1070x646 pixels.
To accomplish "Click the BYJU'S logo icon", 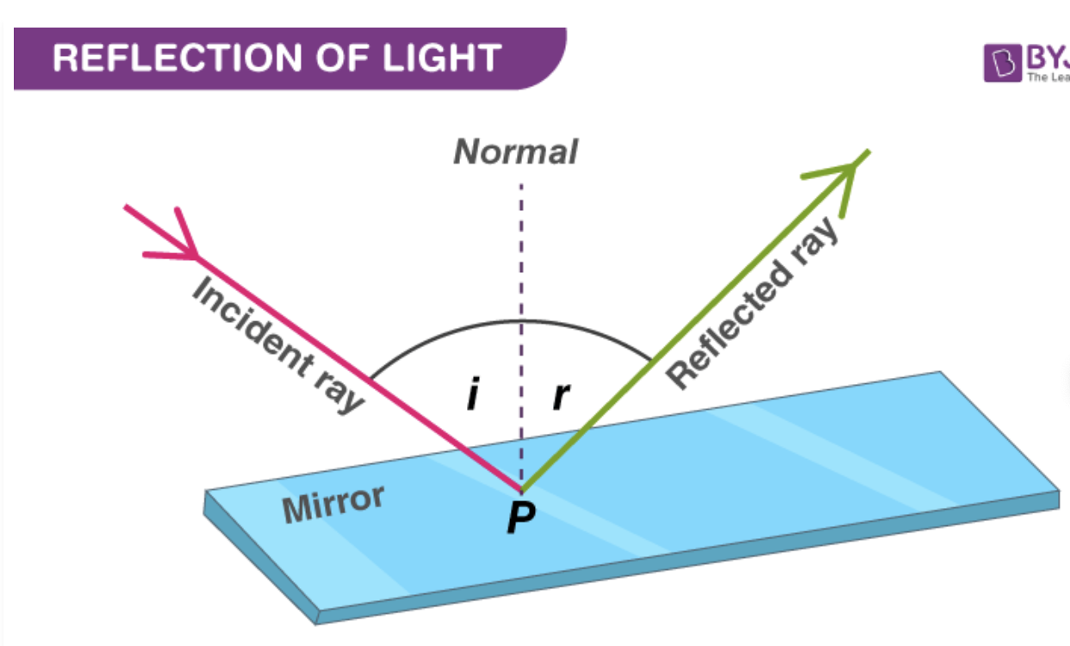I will tap(1002, 63).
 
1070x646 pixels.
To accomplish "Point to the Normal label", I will tap(515, 152).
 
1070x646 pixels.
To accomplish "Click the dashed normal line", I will tap(520, 258).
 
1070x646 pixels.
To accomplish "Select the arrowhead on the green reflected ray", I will tap(840, 172).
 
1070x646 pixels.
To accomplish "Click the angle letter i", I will tap(472, 395).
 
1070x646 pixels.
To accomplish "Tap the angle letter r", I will tap(561, 395).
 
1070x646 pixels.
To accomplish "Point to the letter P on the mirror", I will tap(520, 519).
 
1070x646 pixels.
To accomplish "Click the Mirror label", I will tap(333, 503).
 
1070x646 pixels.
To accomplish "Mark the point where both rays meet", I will tap(521, 488).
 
